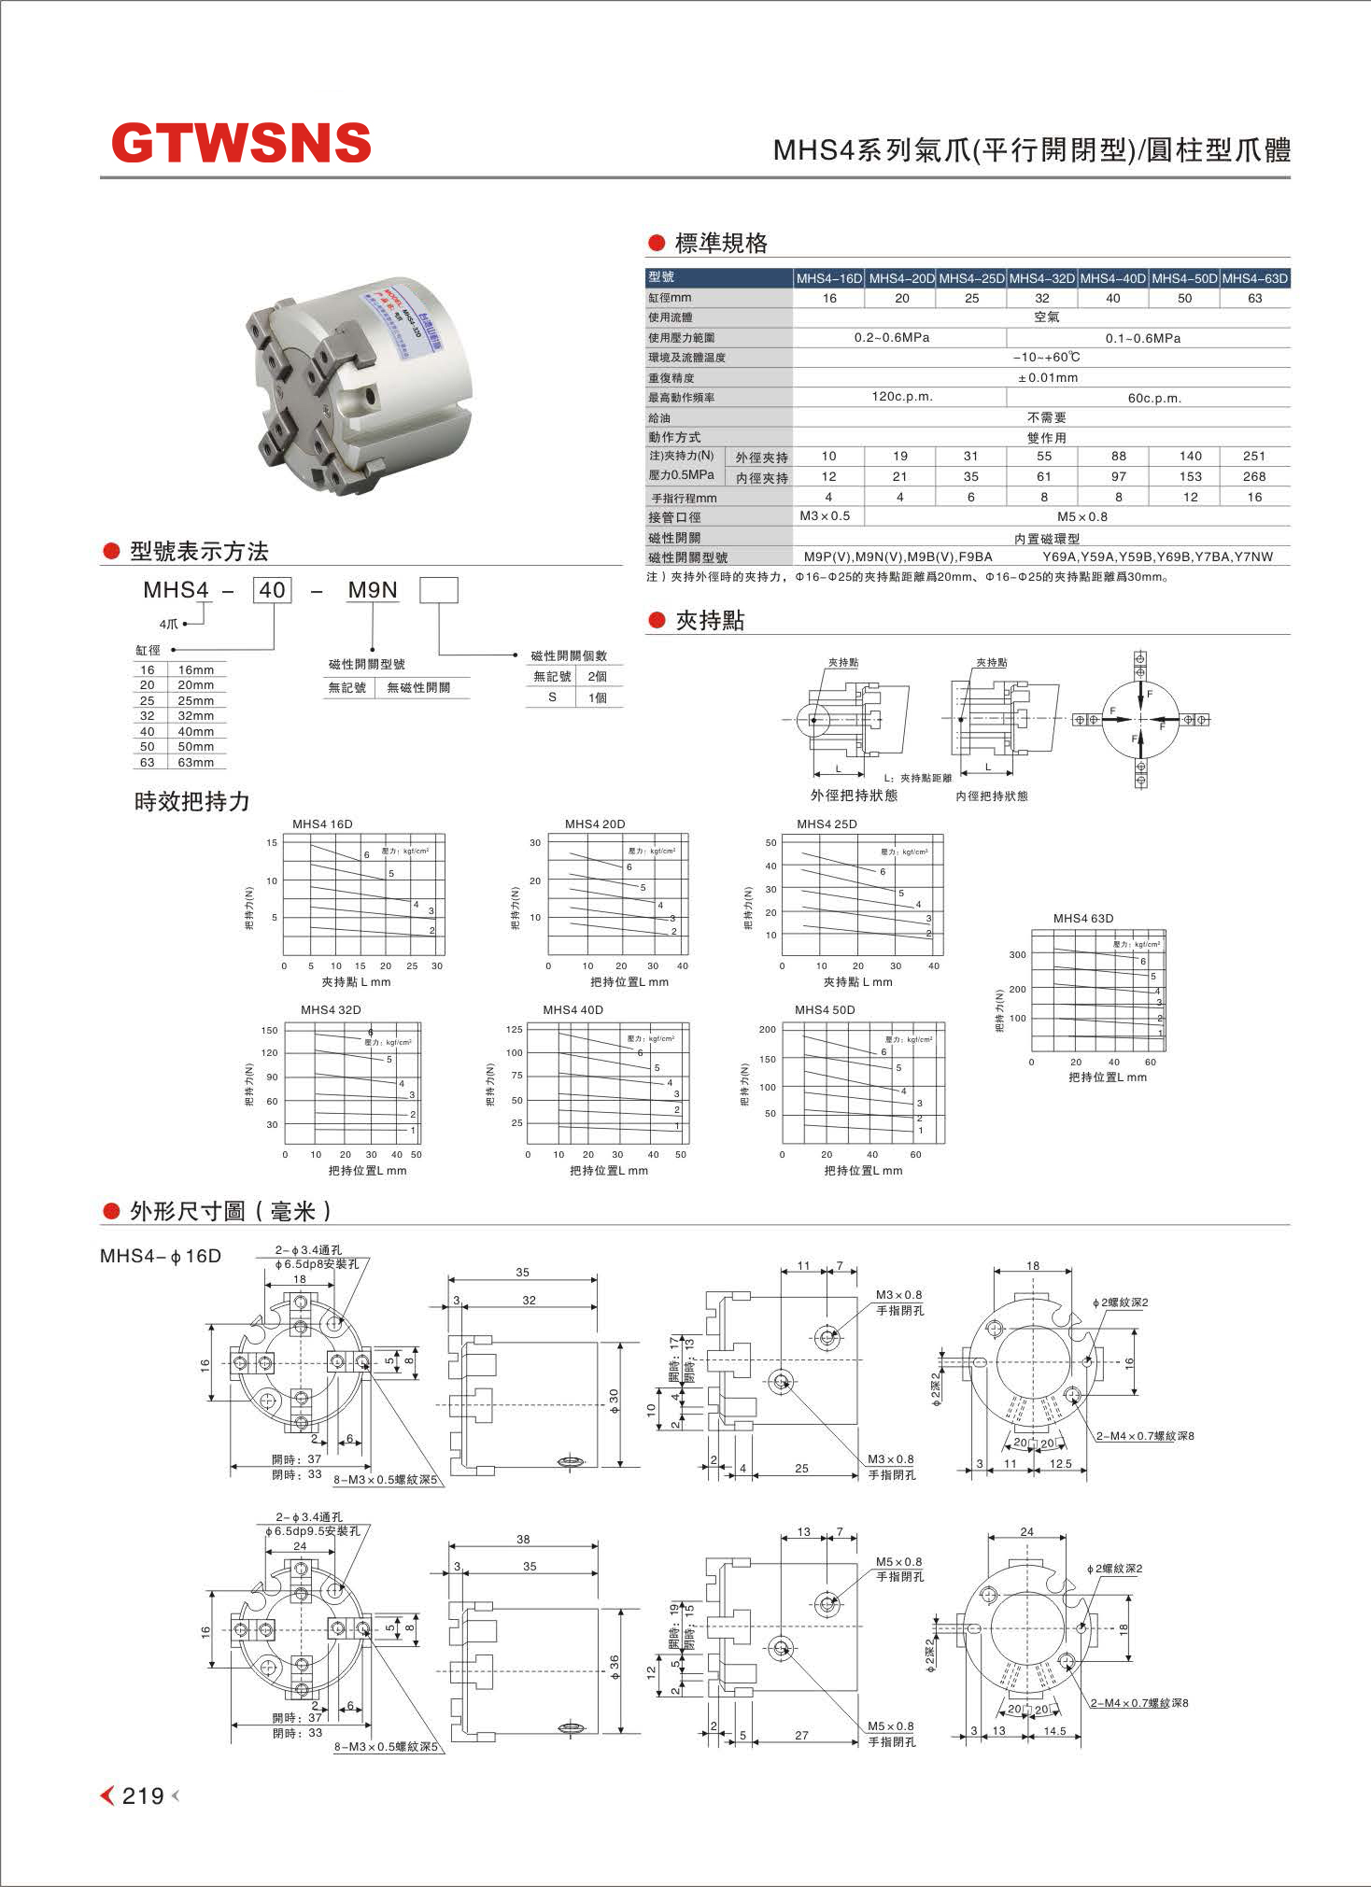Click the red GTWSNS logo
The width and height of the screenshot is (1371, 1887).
(x=241, y=143)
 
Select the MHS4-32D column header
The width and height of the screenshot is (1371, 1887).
(x=1042, y=278)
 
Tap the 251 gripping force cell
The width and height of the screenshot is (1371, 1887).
(x=1254, y=457)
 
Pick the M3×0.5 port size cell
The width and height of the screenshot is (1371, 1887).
(x=826, y=516)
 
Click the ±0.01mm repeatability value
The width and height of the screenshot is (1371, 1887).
(x=1047, y=378)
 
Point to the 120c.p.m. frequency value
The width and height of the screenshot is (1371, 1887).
(x=902, y=397)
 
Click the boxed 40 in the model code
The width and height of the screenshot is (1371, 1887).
(x=272, y=590)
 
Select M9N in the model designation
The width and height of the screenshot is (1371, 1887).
(x=373, y=590)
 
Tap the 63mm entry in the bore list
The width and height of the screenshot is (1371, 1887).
(x=196, y=763)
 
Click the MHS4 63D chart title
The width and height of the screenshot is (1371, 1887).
(x=1083, y=919)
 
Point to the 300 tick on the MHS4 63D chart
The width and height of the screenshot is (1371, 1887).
(x=1017, y=955)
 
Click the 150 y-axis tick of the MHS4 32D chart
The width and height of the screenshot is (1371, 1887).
(x=270, y=1031)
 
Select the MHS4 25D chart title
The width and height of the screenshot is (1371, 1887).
(x=827, y=824)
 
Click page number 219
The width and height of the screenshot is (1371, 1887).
(x=143, y=1795)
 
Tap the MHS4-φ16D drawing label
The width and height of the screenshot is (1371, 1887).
(x=161, y=1256)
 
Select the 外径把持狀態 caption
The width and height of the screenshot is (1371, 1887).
(x=854, y=796)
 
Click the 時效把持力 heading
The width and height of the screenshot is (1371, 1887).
(x=192, y=802)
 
